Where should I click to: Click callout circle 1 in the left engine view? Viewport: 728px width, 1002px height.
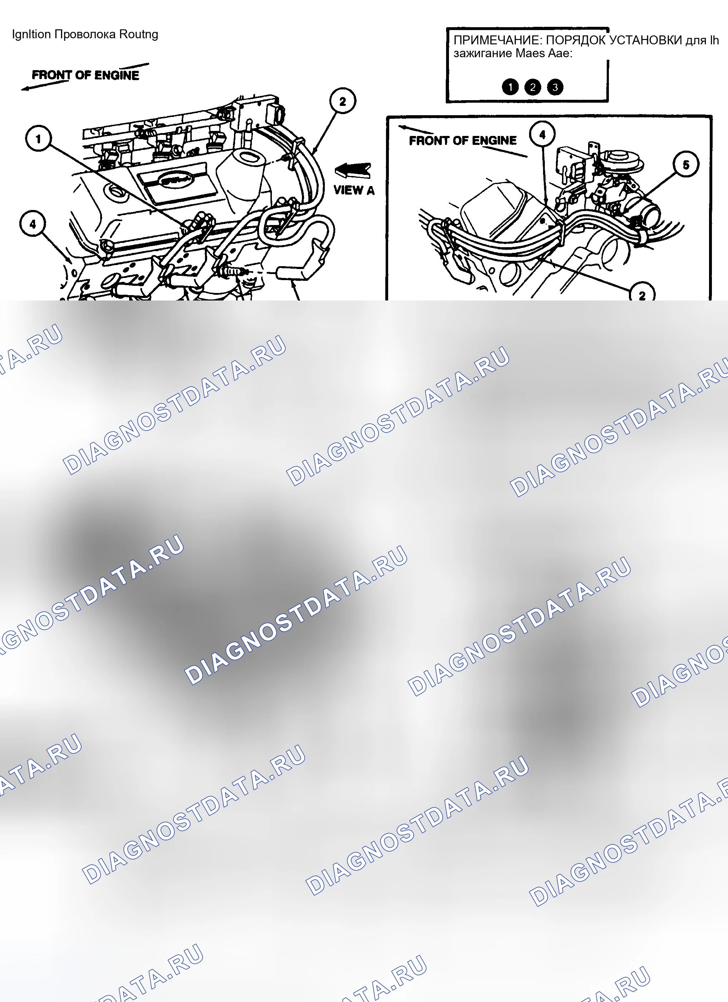[38, 138]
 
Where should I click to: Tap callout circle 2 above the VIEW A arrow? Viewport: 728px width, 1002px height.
[343, 101]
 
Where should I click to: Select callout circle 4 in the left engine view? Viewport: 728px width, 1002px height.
[33, 224]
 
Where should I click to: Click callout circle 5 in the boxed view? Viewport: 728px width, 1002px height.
[686, 165]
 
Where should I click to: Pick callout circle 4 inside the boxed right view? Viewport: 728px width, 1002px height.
[542, 134]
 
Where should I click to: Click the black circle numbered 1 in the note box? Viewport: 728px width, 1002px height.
[510, 87]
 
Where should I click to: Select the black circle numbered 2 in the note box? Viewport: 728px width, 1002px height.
[533, 87]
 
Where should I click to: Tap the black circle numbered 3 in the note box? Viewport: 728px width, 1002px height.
[555, 87]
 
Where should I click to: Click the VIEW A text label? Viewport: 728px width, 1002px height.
[354, 190]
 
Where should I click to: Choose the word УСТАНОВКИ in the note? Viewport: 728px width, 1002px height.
[646, 40]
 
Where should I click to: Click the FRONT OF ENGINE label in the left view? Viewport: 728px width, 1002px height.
[85, 75]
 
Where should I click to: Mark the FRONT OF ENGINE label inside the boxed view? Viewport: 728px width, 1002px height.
[463, 141]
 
